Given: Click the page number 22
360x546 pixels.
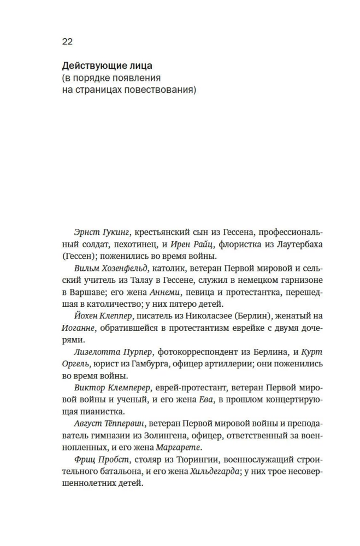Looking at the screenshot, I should pyautogui.click(x=67, y=41).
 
